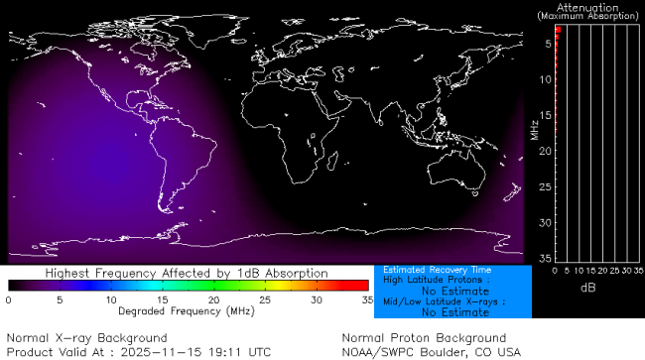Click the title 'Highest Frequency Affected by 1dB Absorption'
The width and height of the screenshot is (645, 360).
[187, 273]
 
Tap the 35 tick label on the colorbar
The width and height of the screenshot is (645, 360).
[366, 299]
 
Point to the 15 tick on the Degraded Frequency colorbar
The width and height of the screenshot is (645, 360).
[162, 299]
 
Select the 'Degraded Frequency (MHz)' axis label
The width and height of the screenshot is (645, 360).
[187, 310]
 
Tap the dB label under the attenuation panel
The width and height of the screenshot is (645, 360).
[587, 287]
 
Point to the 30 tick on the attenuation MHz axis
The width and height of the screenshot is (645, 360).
[545, 222]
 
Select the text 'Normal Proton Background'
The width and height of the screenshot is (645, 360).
[424, 338]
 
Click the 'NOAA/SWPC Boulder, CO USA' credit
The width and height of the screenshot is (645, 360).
[431, 351]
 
